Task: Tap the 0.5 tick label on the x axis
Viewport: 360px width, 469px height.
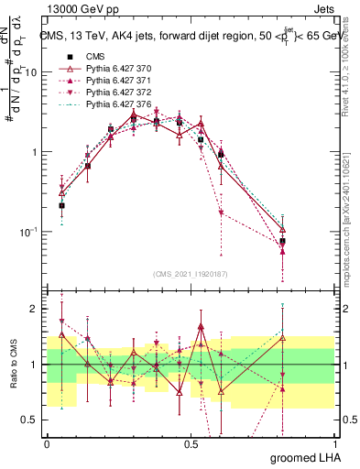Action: click(191, 442)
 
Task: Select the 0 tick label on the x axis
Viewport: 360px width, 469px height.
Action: click(47, 442)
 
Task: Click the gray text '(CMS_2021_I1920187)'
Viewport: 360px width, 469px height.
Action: click(191, 273)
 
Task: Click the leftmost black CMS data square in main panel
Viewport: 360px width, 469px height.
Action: click(61, 206)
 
